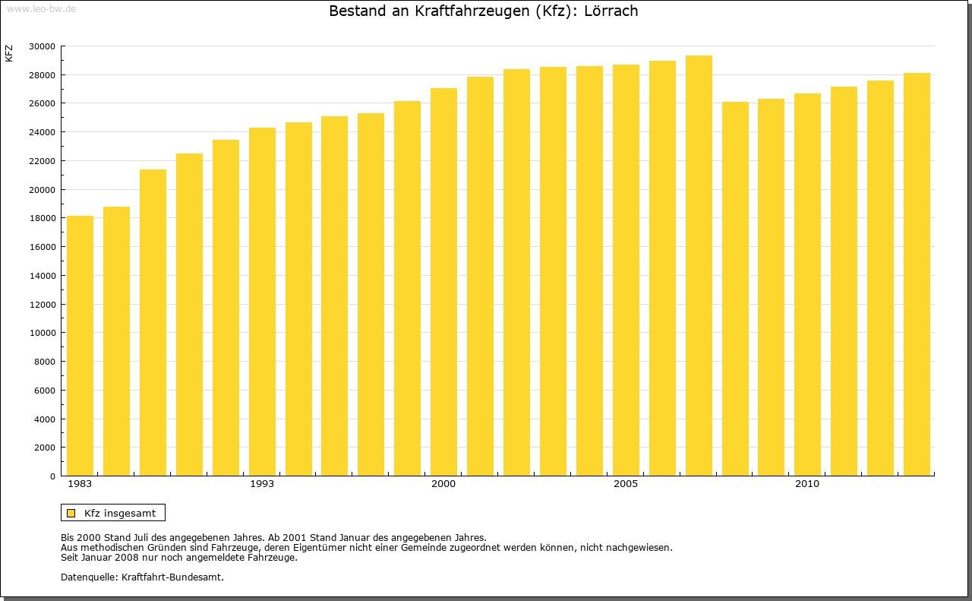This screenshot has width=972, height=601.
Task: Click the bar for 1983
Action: pyautogui.click(x=80, y=346)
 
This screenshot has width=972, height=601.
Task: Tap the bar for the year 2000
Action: pyautogui.click(x=443, y=282)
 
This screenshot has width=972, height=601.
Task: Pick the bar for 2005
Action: pyautogui.click(x=626, y=270)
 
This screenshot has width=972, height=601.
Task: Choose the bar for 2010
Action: pyautogui.click(x=807, y=284)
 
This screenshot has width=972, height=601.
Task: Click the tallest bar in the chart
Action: pyautogui.click(x=699, y=265)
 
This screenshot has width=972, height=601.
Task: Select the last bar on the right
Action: pyautogui.click(x=917, y=274)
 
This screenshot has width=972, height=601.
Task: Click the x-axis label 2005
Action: pyautogui.click(x=626, y=484)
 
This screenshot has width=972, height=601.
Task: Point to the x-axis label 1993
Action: pyautogui.click(x=262, y=484)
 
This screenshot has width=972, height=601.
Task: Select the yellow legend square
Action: pyautogui.click(x=71, y=513)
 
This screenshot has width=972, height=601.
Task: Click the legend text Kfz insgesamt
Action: pyautogui.click(x=120, y=513)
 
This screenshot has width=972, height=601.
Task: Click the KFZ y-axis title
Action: pyautogui.click(x=9, y=53)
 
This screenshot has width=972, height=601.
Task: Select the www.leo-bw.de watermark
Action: pyautogui.click(x=40, y=7)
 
